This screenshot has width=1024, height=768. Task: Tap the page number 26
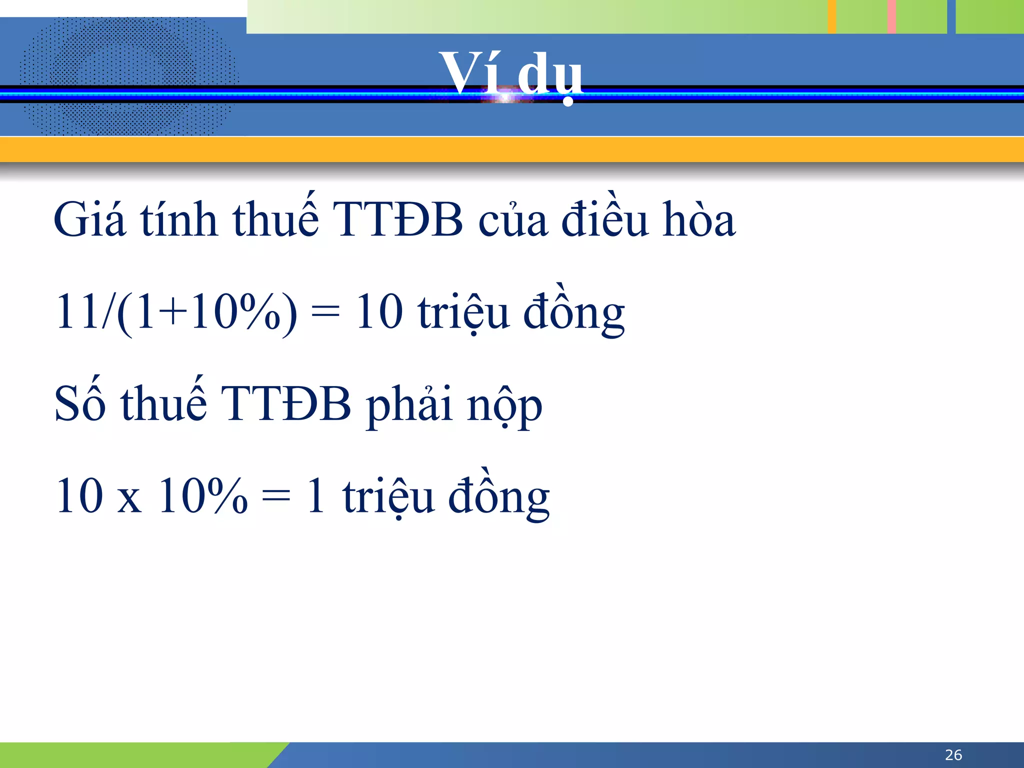[x=953, y=754]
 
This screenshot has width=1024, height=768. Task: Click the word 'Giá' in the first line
[x=89, y=220]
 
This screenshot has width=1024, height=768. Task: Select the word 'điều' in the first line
[x=604, y=220]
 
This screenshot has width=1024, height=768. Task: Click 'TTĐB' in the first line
[x=397, y=220]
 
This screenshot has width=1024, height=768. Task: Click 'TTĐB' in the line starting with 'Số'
[x=286, y=404]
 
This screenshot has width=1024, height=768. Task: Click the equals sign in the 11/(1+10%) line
[x=325, y=314]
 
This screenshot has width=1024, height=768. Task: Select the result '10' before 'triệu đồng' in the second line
[x=379, y=312]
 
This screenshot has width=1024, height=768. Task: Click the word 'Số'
[x=80, y=404]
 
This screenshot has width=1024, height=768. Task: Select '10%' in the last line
[x=202, y=496]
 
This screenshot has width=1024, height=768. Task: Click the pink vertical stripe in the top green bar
[x=891, y=16]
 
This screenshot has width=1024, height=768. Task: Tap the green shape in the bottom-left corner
[x=135, y=755]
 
